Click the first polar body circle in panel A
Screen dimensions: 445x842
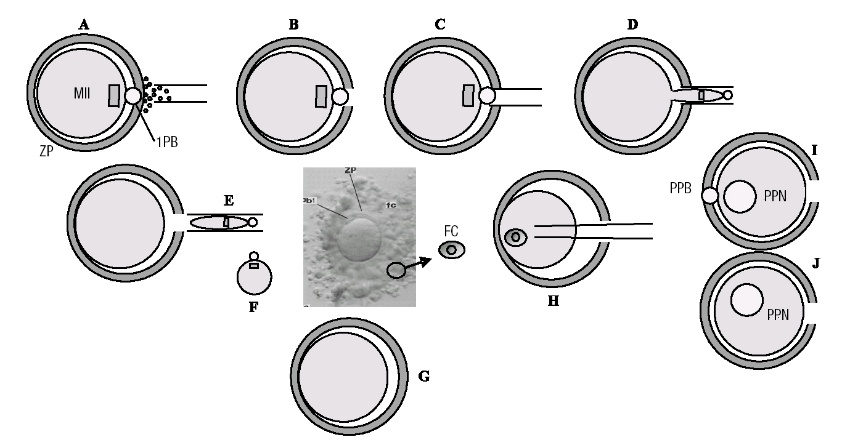click(x=133, y=95)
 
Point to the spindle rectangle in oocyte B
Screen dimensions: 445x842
click(x=321, y=96)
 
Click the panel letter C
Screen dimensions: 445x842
click(x=439, y=25)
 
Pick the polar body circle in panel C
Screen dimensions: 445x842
click(x=487, y=96)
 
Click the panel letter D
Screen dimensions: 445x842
click(x=632, y=25)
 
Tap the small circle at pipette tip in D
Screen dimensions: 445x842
click(x=727, y=95)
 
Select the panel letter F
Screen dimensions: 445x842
click(x=253, y=307)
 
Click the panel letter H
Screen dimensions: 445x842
click(x=552, y=302)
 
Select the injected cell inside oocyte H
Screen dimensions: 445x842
click(x=515, y=237)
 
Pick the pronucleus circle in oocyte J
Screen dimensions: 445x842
click(x=747, y=300)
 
